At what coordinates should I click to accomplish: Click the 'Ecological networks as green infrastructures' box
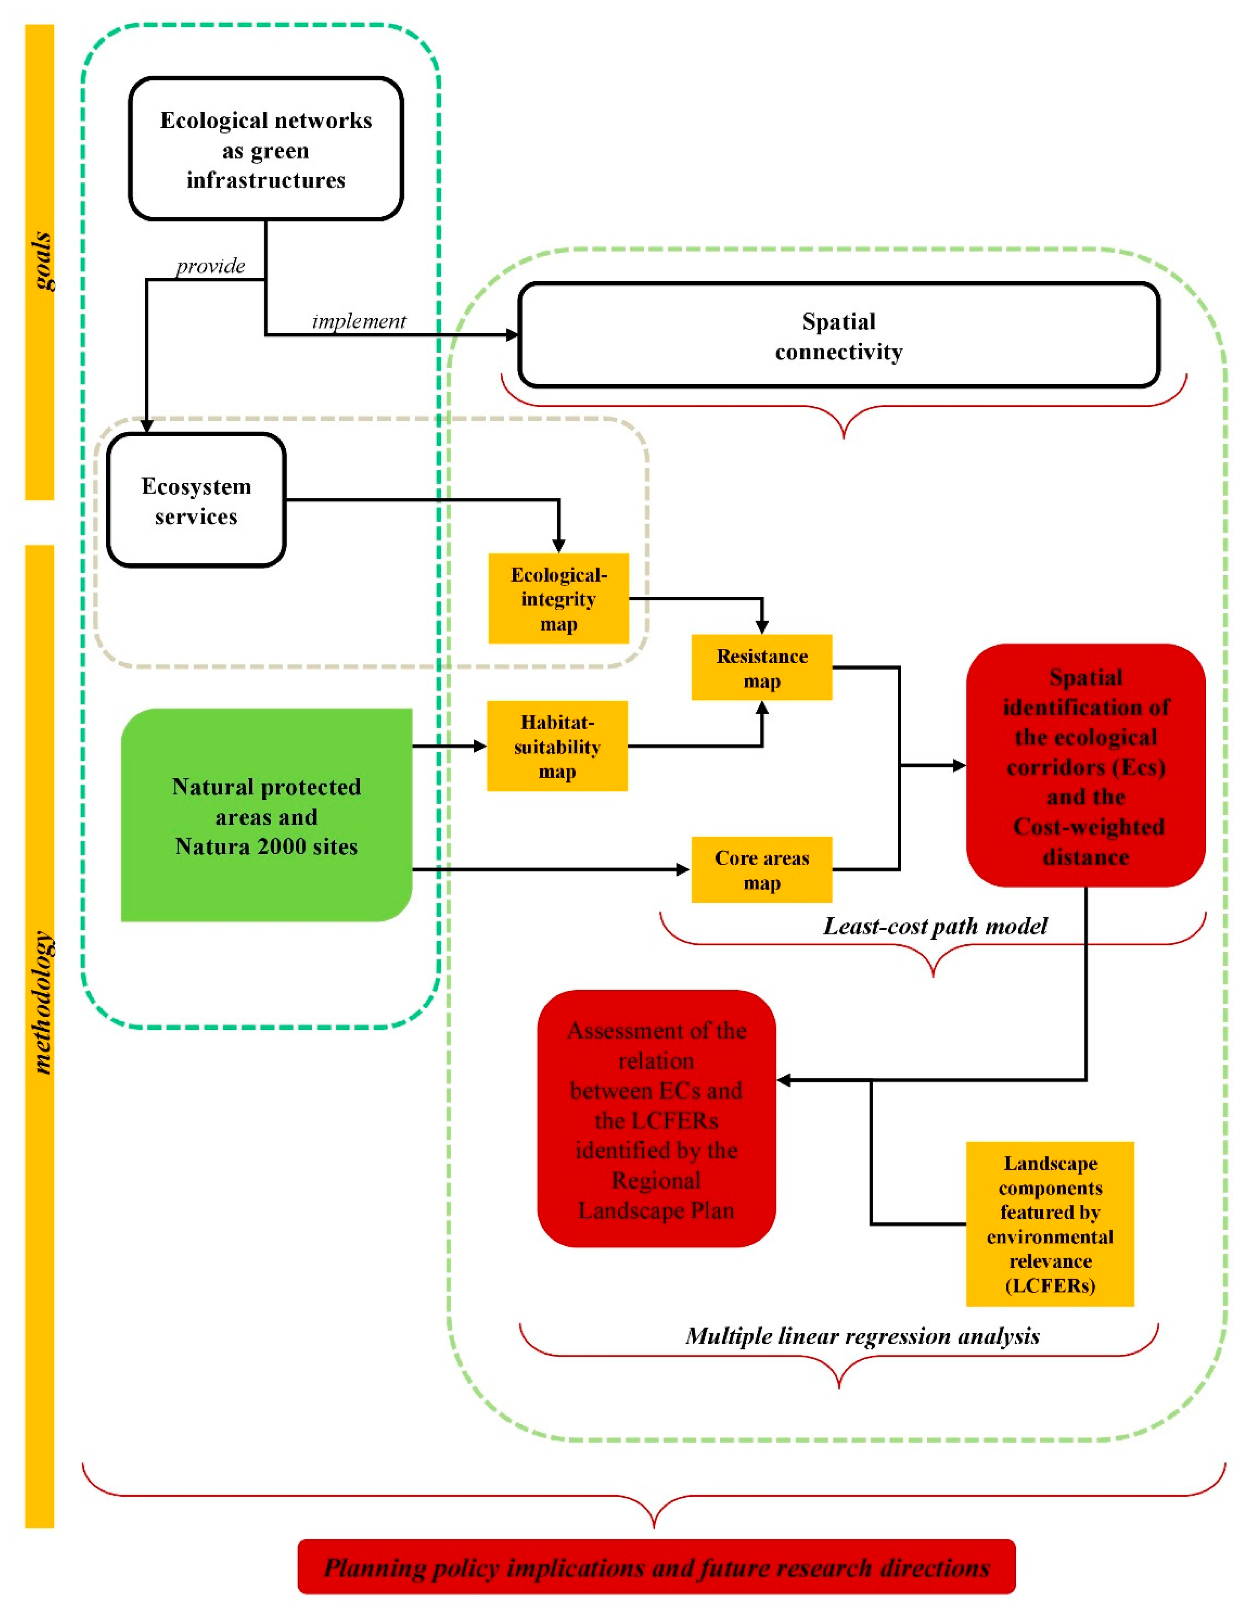[266, 149]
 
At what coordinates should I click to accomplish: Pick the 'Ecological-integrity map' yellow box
[559, 599]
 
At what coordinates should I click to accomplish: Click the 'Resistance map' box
[762, 668]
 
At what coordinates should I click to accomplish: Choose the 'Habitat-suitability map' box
[557, 746]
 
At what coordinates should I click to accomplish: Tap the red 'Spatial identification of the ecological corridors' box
[1085, 765]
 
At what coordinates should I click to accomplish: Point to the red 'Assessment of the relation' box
[656, 1120]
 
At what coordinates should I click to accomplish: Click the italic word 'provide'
[210, 266]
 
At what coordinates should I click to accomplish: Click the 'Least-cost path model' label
[935, 926]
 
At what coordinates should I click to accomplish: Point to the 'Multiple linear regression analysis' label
[862, 1336]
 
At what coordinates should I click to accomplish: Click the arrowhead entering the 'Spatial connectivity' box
[512, 335]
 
